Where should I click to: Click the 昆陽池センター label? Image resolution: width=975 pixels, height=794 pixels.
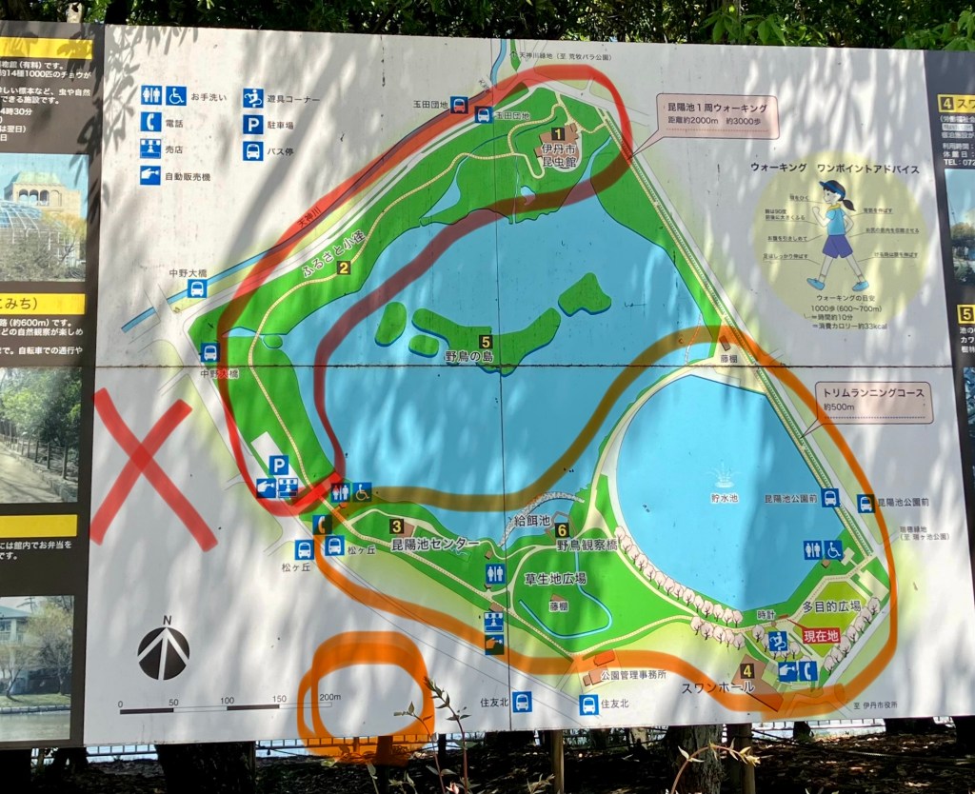pyautogui.click(x=435, y=545)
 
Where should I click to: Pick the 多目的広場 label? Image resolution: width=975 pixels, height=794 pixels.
pyautogui.click(x=830, y=605)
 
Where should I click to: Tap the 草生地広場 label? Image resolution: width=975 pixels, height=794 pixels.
pyautogui.click(x=554, y=578)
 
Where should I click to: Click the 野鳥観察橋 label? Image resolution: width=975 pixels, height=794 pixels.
pyautogui.click(x=587, y=546)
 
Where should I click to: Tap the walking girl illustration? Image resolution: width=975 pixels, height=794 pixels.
pyautogui.click(x=835, y=234)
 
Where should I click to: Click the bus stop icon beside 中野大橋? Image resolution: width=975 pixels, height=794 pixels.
pyautogui.click(x=196, y=288)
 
